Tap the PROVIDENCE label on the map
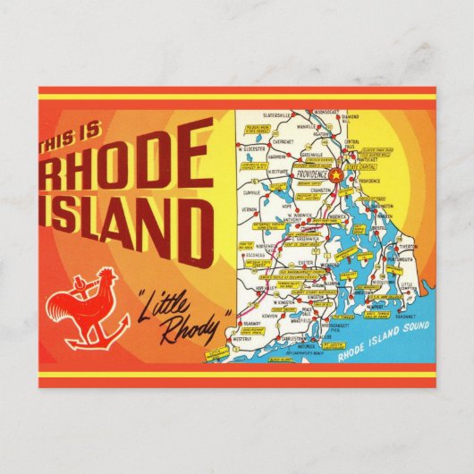(x=307, y=176)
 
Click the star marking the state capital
(x=337, y=174)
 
